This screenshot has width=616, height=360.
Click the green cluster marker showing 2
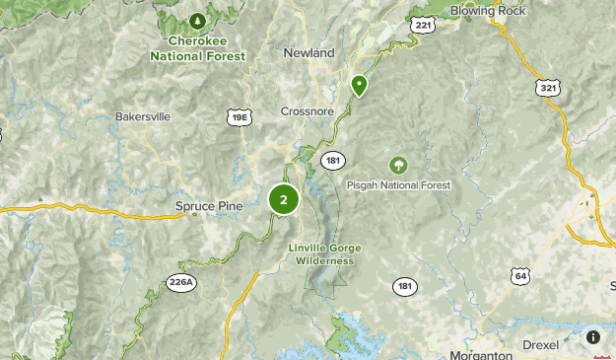[284, 199]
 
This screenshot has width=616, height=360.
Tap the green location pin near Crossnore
[360, 86]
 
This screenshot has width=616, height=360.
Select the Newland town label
[308, 52]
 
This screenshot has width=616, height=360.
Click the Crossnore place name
[308, 111]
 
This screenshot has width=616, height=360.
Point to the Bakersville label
[143, 116]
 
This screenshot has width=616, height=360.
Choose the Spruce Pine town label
[208, 205]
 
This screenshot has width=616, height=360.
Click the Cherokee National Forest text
[197, 49]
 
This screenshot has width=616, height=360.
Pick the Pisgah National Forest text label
[398, 185]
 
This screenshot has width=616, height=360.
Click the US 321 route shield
[549, 88]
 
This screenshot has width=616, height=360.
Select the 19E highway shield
[240, 117]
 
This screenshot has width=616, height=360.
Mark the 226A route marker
[181, 282]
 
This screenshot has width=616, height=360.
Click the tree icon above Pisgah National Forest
[398, 165]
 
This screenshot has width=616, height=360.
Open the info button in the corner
[593, 336]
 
